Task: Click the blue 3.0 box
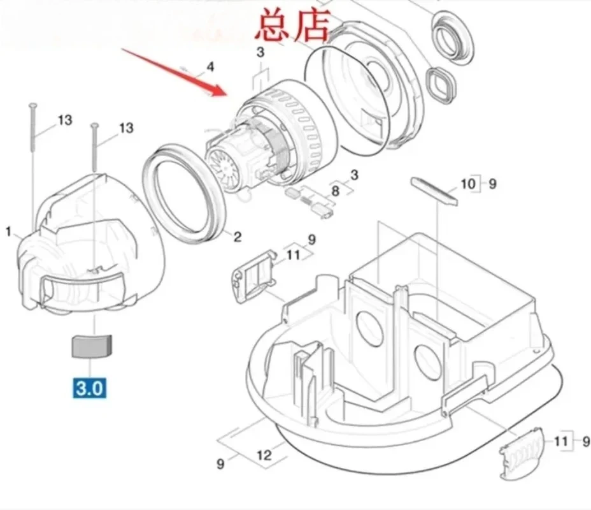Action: [89, 388]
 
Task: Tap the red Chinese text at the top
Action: [292, 26]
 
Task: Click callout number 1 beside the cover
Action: [9, 231]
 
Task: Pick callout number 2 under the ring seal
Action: [238, 237]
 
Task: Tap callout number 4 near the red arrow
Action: [210, 67]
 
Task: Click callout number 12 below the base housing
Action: [264, 455]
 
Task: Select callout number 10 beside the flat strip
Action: [469, 184]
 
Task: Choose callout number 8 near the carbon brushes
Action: [335, 191]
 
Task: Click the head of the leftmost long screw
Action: [32, 105]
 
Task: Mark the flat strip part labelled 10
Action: [434, 191]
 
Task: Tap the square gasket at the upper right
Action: [441, 85]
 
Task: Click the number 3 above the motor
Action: [260, 52]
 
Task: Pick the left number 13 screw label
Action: [65, 120]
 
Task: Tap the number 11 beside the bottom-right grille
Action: [561, 441]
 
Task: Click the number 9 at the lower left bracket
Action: [221, 463]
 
